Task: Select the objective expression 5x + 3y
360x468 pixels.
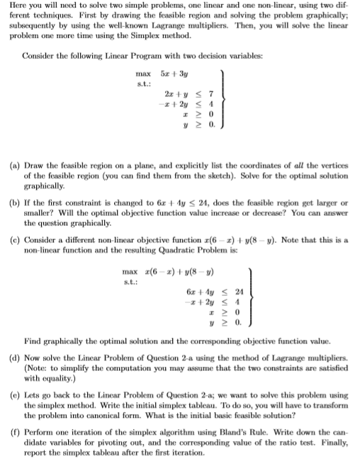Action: (178, 72)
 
